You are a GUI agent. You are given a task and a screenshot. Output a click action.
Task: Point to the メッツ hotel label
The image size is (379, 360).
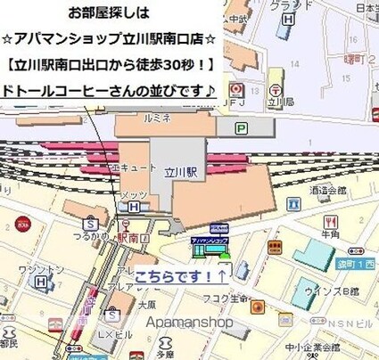(132, 195)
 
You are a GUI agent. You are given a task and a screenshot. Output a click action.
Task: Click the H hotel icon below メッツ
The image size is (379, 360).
(134, 208)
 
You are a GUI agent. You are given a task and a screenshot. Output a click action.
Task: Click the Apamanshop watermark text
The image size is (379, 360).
(189, 323)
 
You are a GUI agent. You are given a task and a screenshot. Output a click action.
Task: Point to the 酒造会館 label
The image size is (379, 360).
(329, 190)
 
